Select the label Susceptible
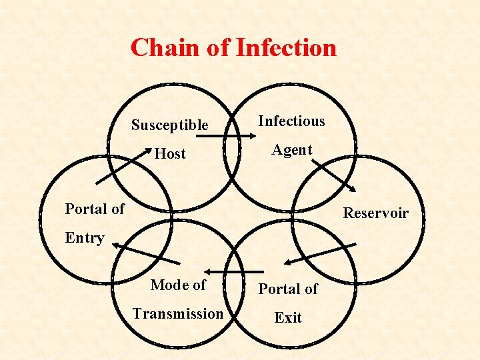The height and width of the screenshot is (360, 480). (x=169, y=125)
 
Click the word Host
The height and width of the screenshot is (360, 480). (x=170, y=154)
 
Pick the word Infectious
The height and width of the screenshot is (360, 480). (x=291, y=121)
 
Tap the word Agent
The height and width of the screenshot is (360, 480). (x=291, y=150)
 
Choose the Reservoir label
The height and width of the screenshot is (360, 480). (x=375, y=213)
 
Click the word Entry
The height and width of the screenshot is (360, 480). (x=85, y=238)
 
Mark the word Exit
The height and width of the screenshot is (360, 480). (x=288, y=318)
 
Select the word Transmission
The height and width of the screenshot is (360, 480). (x=178, y=313)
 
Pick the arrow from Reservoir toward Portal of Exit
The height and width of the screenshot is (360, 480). (x=319, y=253)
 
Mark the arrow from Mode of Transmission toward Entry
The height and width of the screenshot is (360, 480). (x=147, y=254)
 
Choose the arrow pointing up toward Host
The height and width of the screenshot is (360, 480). (x=121, y=166)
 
